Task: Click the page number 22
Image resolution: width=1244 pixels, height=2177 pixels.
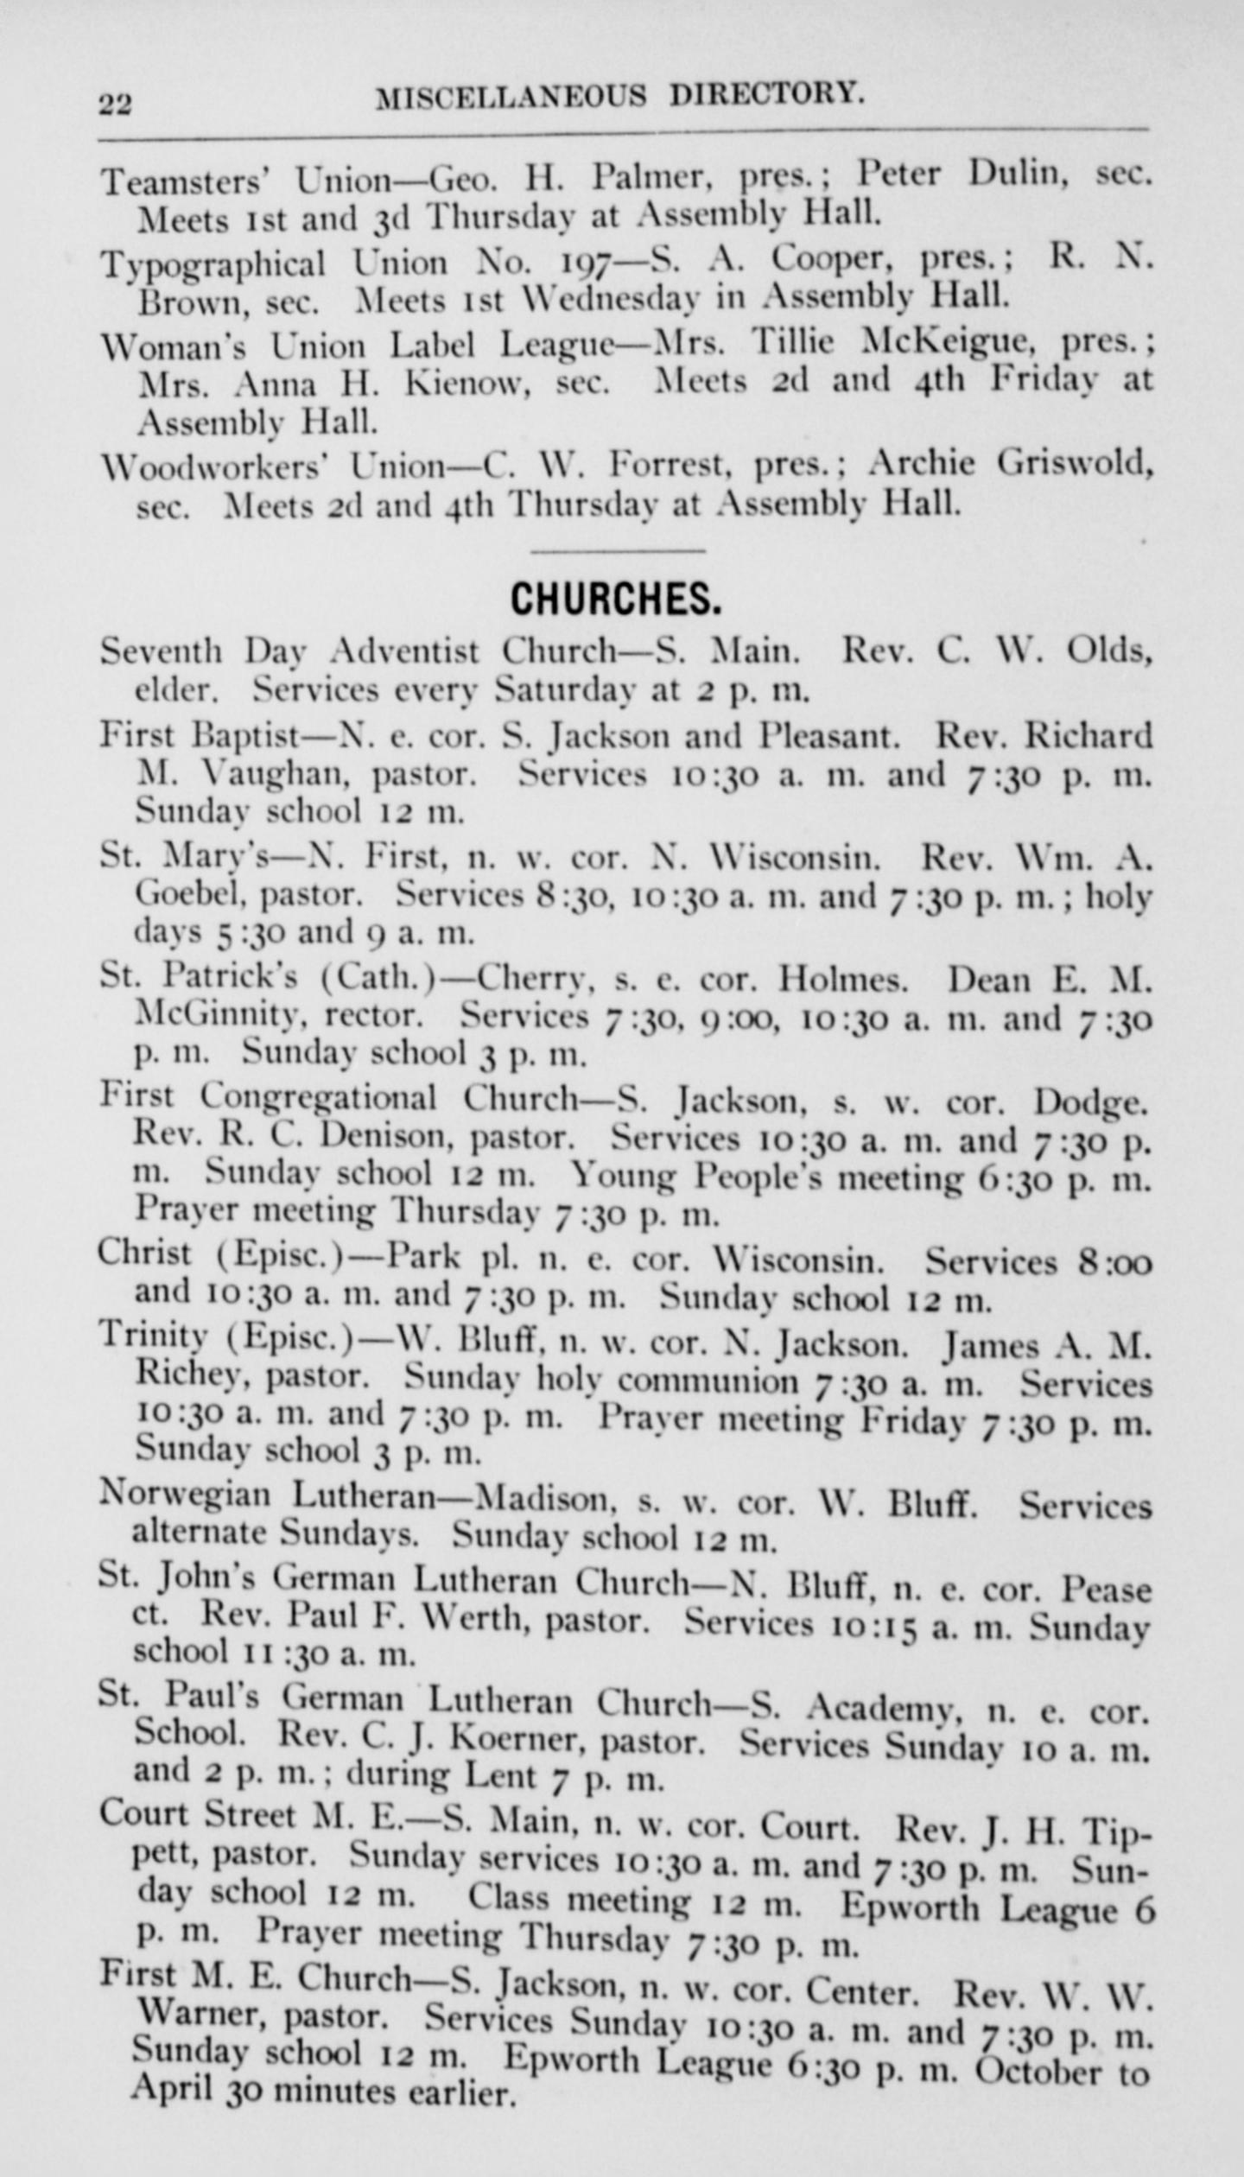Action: point(115,104)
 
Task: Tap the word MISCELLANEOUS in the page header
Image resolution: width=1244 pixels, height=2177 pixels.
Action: point(511,96)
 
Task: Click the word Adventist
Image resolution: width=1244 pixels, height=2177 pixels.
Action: point(405,650)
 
